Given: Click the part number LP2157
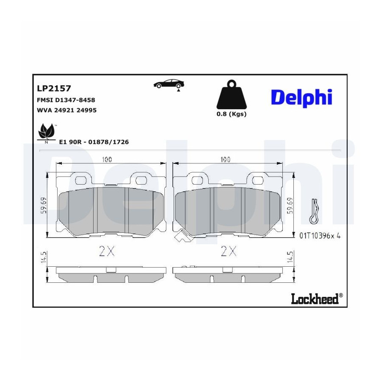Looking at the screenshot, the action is pos(54,88).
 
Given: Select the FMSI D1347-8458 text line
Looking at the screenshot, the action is pos(66,100).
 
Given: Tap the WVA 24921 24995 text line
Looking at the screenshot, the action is pos(66,110).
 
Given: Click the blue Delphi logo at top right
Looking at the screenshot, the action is pos(301,98).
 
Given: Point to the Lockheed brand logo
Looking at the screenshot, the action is pos(317,298).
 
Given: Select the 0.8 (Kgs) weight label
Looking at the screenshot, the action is pos(232,114).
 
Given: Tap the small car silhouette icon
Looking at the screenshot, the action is pos(168,84).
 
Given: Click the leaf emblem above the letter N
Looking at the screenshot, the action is pos(47,132).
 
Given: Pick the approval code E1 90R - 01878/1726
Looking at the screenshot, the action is pos(94,142).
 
